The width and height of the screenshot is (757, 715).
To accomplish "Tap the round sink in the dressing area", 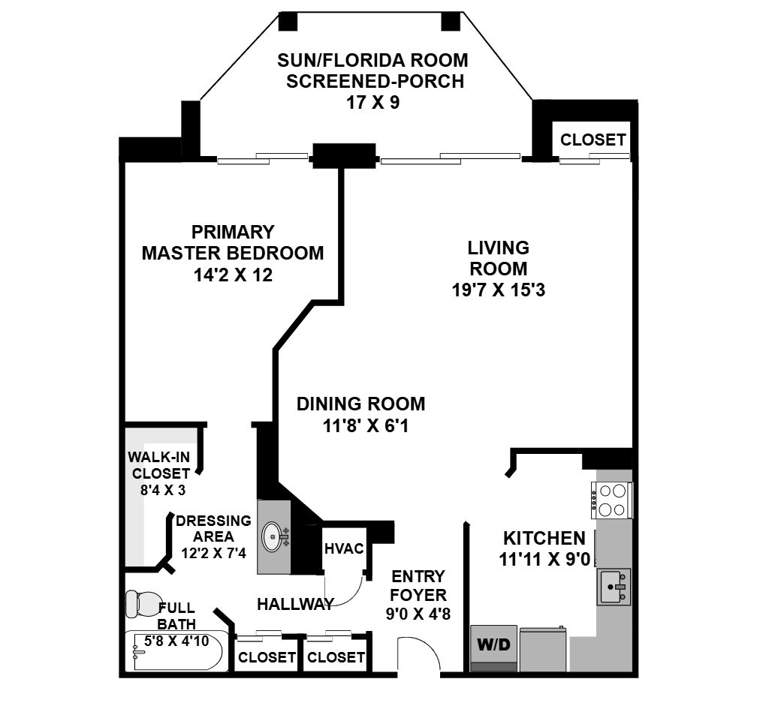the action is click(273, 536).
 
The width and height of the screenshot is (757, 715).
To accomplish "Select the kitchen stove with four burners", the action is click(611, 500).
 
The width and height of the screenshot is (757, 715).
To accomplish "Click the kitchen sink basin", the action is click(614, 587).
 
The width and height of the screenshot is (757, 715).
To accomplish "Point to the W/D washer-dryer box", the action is click(493, 648).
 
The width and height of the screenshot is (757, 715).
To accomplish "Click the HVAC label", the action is click(344, 548).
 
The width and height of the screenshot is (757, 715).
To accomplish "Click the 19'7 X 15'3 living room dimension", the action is click(498, 290).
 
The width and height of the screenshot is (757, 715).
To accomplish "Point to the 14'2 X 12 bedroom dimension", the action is click(233, 275).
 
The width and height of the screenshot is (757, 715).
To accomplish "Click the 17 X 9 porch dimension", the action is click(372, 103).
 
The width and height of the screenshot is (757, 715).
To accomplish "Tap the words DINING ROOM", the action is click(360, 404).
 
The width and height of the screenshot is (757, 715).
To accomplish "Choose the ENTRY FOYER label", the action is click(418, 585).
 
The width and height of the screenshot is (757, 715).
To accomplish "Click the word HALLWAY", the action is click(295, 604).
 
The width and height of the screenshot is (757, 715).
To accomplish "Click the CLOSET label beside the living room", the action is click(593, 140).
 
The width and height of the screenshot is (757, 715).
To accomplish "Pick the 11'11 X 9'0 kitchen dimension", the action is click(544, 560).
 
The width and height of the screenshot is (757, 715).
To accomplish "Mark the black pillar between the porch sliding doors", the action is click(344, 156).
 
